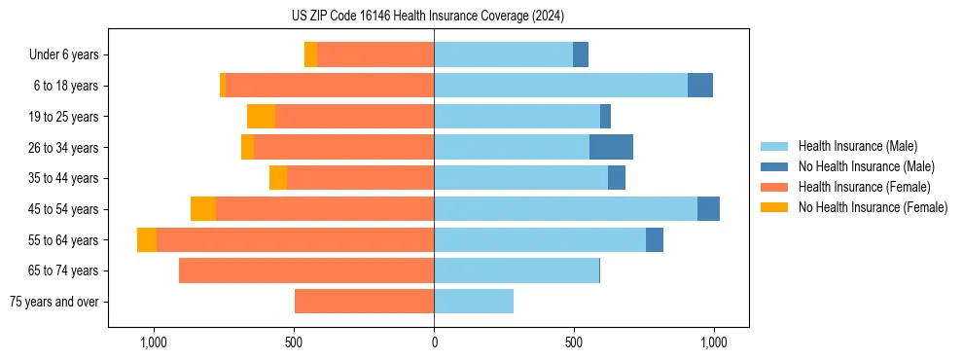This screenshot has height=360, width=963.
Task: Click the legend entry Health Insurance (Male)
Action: pos(857,146)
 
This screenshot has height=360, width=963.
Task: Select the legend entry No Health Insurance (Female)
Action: pos(873,207)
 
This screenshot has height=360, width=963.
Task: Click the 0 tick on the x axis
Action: pos(434,343)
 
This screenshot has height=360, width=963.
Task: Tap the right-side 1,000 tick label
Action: pos(715,343)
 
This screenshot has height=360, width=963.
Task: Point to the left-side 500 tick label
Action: pos(294,343)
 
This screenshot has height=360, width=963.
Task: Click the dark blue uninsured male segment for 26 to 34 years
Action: pos(611,147)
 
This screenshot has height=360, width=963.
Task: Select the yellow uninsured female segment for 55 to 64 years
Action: pos(147,240)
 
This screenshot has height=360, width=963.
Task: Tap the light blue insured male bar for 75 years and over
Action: pos(474,302)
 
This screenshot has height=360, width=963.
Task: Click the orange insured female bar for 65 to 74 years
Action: pos(306,270)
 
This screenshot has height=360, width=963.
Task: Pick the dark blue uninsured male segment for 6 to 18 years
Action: pos(700,86)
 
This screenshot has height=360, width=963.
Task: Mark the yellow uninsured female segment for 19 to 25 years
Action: pos(261,117)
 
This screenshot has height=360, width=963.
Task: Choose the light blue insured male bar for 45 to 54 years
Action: pos(565,209)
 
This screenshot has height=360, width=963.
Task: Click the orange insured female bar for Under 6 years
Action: pos(375,54)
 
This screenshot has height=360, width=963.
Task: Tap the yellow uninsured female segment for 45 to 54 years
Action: pos(203,209)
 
